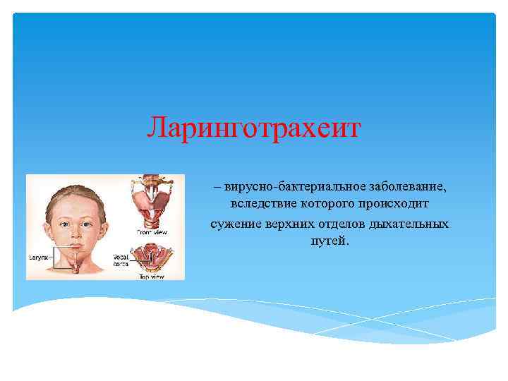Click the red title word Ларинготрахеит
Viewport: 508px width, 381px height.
254,128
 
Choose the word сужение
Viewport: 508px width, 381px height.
234,223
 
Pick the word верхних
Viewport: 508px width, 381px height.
286,223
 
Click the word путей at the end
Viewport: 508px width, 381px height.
329,241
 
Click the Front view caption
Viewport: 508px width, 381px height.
151,232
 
